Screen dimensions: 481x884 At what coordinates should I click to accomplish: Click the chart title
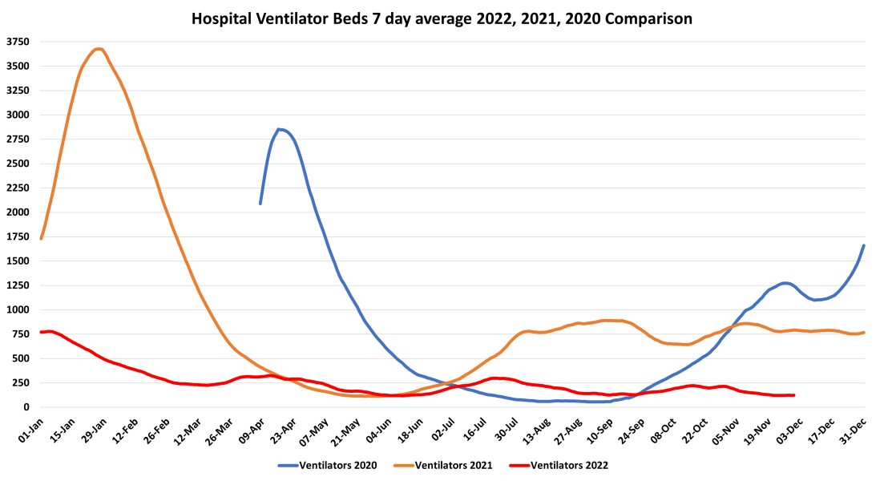click(x=442, y=17)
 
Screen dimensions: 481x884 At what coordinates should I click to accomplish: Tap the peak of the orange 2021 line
click(x=98, y=49)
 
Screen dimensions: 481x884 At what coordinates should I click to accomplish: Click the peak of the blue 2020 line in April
click(x=280, y=129)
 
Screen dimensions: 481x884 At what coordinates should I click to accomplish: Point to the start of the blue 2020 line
click(x=260, y=203)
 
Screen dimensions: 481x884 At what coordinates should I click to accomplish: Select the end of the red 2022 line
click(x=793, y=395)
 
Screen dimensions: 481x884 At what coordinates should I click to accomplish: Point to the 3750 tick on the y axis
click(x=18, y=42)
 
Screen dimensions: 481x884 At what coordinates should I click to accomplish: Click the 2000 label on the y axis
click(x=18, y=212)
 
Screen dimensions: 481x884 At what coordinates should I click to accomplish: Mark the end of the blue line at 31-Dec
click(x=864, y=245)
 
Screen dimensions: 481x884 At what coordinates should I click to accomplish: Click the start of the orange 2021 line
click(x=41, y=238)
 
